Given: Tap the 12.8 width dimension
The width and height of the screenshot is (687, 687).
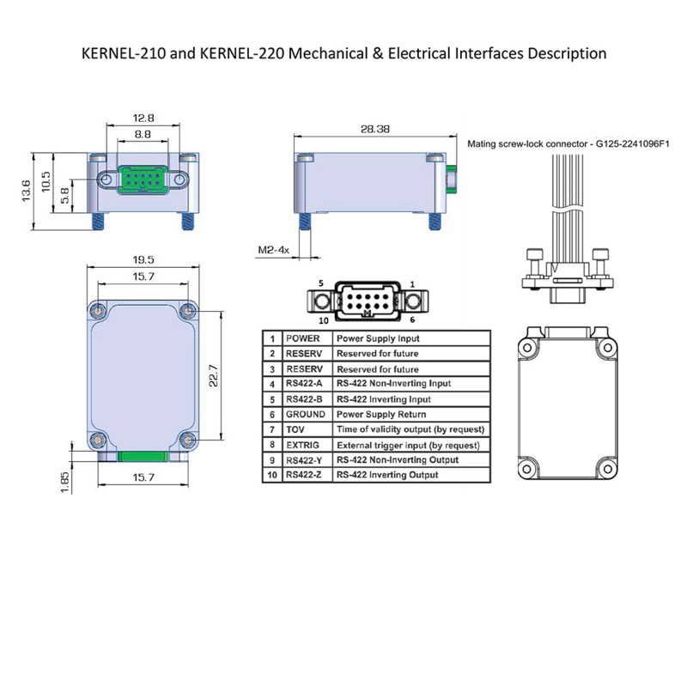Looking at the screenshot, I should click(143, 117).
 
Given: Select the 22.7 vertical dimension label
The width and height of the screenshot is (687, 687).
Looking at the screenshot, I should click(215, 376).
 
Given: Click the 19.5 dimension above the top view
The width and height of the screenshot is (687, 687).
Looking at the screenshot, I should click(143, 258).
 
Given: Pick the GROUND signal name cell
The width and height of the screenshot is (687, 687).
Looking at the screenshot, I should click(305, 414).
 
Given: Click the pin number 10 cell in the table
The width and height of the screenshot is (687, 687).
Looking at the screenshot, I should click(271, 475).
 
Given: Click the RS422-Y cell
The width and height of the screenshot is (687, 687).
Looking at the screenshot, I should click(305, 459).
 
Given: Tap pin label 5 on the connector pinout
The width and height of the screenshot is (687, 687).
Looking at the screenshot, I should click(319, 283).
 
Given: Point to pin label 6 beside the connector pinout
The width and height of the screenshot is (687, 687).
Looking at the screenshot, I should click(411, 319).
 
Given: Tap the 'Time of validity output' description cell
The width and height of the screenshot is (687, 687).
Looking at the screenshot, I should click(411, 429).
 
